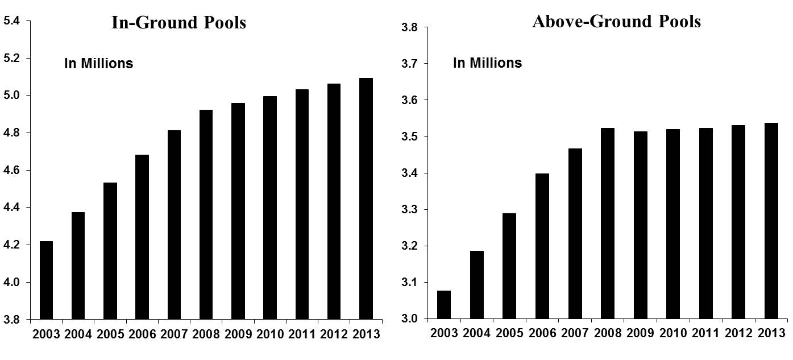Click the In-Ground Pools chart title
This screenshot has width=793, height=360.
(x=178, y=23)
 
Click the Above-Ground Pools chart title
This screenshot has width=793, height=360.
(x=616, y=22)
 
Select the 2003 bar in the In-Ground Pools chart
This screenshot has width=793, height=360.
(x=45, y=280)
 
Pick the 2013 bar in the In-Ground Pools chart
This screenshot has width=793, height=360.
(x=366, y=198)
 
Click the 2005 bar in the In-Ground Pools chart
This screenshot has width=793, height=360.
(x=110, y=250)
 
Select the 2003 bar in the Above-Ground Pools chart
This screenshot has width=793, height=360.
(x=444, y=304)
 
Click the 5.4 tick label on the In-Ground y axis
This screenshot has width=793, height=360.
(x=12, y=21)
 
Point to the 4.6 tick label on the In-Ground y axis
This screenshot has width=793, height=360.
(x=12, y=171)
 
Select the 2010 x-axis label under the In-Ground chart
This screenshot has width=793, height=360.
(x=269, y=333)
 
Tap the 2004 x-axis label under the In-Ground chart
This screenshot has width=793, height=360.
(x=78, y=333)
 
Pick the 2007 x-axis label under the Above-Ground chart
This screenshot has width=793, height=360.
(x=575, y=333)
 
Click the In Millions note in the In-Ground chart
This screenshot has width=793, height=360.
(x=98, y=63)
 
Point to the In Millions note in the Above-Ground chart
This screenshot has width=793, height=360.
(x=487, y=63)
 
